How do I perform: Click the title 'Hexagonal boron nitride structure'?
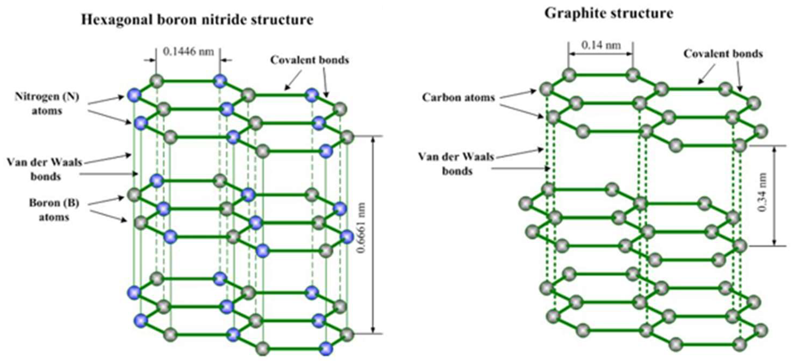click(197, 20)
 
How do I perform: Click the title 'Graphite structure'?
click(608, 13)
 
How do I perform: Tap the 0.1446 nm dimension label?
click(188, 51)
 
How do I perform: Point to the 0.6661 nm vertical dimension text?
click(361, 228)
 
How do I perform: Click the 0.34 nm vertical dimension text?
click(762, 192)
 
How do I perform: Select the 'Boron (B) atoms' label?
click(54, 210)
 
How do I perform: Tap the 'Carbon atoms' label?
click(458, 98)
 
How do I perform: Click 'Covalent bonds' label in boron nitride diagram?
click(309, 60)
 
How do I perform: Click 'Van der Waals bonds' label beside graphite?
click(456, 163)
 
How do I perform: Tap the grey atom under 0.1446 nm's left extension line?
click(157, 81)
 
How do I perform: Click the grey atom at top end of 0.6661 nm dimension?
click(347, 137)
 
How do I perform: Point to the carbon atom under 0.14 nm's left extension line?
click(569, 75)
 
